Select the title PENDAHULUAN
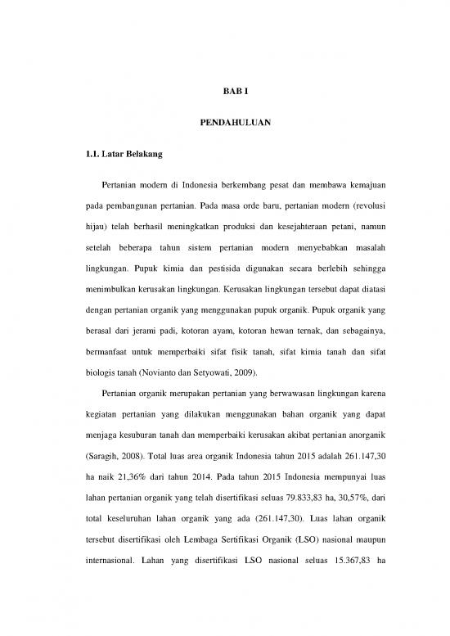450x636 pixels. [x=224, y=122]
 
